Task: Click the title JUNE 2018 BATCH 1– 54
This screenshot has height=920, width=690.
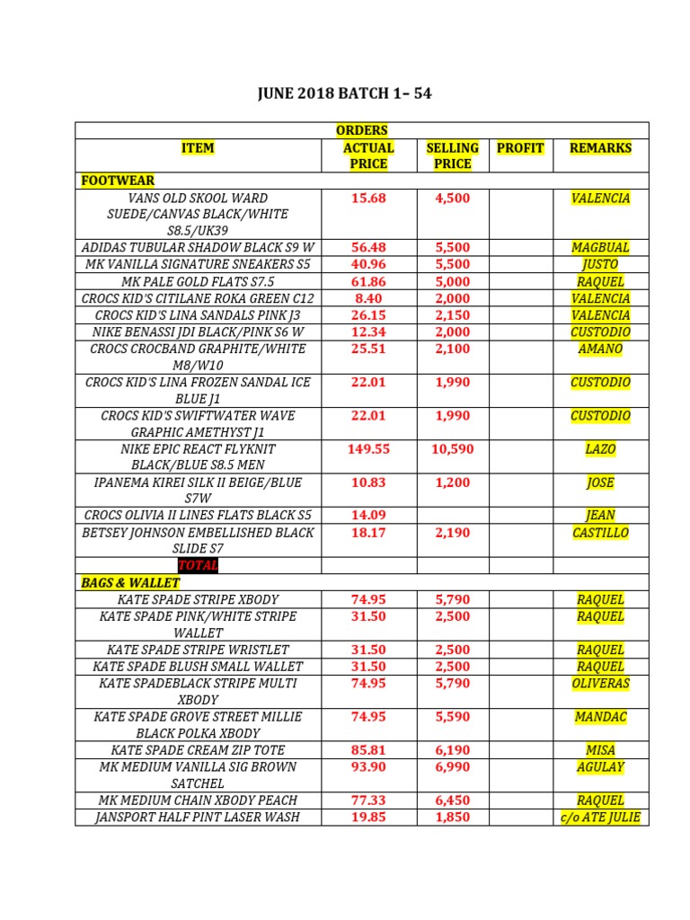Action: (x=344, y=94)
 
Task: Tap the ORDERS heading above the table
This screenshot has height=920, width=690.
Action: (x=361, y=131)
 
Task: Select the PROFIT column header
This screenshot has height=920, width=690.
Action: (x=520, y=147)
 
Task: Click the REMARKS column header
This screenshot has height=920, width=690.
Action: (x=600, y=147)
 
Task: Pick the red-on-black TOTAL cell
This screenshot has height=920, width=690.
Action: (x=198, y=566)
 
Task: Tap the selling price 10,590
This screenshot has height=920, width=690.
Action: (x=452, y=449)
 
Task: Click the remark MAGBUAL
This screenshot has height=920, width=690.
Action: (x=600, y=248)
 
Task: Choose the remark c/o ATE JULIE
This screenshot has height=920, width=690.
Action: (x=600, y=818)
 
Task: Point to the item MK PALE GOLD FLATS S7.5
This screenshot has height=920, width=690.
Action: (x=198, y=281)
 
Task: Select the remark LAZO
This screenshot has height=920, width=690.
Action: (x=600, y=449)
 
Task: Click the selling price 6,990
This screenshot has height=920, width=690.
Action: (x=452, y=767)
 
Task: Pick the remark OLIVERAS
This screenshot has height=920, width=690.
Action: (x=600, y=684)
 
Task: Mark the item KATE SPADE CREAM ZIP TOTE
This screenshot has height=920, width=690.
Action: (x=198, y=750)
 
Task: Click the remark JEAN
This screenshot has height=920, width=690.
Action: (x=600, y=516)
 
